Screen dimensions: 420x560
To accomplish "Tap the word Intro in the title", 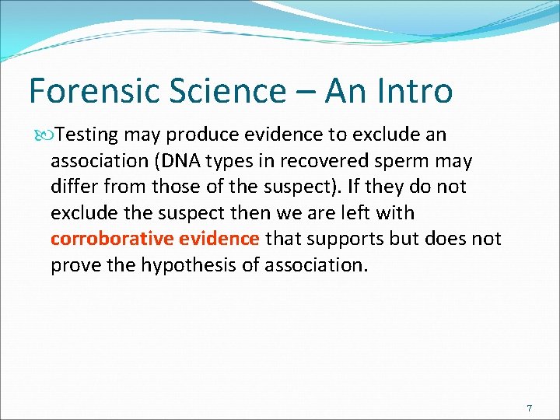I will (x=412, y=91).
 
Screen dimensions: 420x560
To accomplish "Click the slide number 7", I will (x=529, y=408).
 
